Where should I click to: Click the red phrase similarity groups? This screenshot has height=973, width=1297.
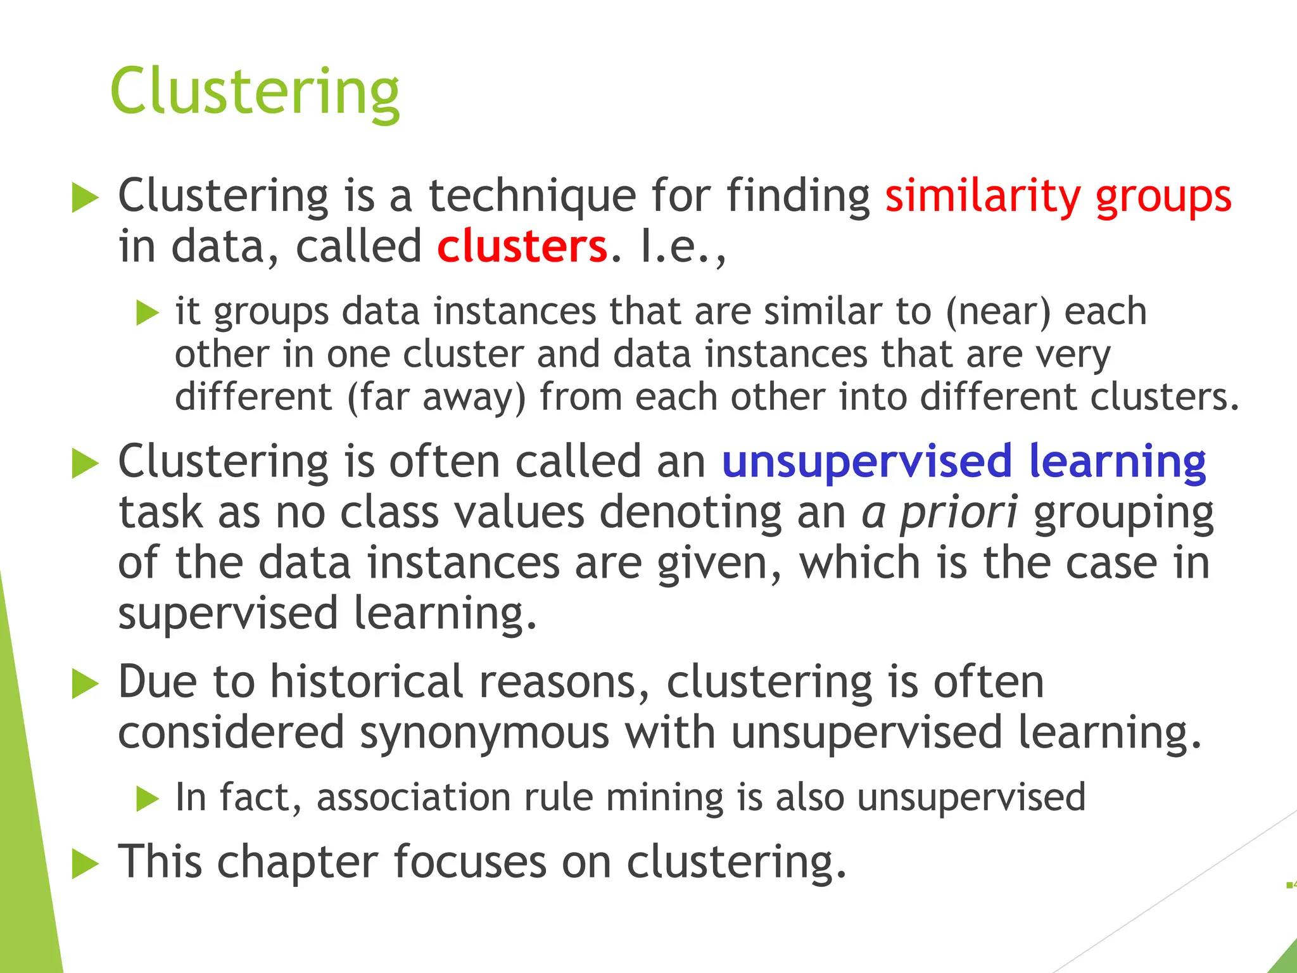coord(1058,196)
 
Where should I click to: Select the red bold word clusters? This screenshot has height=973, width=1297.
coord(522,246)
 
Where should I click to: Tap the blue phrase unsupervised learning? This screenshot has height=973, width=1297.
coord(963,462)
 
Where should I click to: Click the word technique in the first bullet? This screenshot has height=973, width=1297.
coord(532,196)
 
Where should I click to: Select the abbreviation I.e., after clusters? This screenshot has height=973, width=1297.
coord(683,246)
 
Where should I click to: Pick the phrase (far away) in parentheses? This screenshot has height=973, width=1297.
coord(436,397)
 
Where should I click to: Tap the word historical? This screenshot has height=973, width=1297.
coord(367,682)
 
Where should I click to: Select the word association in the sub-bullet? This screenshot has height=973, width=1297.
coord(413,797)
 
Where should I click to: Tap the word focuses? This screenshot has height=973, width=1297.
coord(469,862)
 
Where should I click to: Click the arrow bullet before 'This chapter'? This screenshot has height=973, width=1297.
coord(85,864)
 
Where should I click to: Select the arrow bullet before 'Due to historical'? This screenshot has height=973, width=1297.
coord(85,685)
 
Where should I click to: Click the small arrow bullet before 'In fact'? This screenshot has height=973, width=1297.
coord(147,799)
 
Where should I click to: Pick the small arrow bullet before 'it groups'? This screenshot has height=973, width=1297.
coord(147,314)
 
